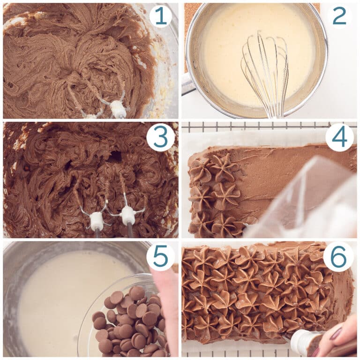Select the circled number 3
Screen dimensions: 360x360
click(160, 137)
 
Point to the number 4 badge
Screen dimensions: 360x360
click(339, 137)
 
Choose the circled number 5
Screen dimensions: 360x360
click(160, 257)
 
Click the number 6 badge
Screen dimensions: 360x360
click(339, 257)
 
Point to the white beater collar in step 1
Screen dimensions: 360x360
click(118, 109)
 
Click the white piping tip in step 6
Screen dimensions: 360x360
click(300, 342)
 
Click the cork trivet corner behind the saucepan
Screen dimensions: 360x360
click(187, 14)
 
